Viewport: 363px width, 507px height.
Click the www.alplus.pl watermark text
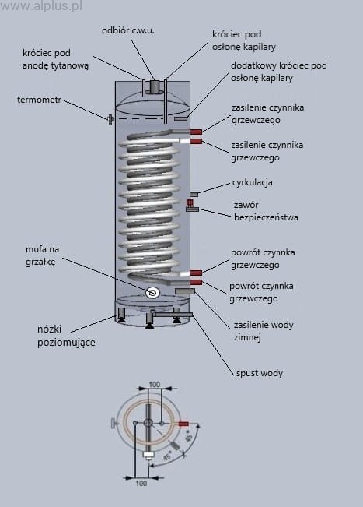click(41, 5)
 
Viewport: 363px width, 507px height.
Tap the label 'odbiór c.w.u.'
click(127, 30)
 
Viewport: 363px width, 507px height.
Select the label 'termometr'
click(39, 100)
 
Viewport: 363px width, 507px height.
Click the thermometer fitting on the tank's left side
click(110, 120)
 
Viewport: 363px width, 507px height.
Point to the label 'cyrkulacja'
click(253, 182)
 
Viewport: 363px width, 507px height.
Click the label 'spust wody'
click(260, 373)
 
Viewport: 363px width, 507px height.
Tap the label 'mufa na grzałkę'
click(42, 255)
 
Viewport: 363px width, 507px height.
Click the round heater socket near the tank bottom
click(152, 293)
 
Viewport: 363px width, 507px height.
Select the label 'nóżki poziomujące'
click(66, 336)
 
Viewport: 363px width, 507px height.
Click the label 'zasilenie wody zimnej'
click(264, 331)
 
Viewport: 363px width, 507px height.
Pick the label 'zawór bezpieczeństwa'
click(266, 211)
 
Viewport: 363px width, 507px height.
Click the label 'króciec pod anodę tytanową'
click(55, 59)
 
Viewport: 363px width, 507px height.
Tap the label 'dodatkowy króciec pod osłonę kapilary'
click(278, 72)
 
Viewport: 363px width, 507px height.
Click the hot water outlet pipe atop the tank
click(155, 86)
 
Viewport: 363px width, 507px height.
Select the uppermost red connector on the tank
click(196, 132)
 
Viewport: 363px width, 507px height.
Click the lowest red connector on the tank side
click(196, 283)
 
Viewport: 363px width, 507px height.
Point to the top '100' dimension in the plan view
click(155, 384)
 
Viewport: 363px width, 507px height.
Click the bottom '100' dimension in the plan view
click(141, 483)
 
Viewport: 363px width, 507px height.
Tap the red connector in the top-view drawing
click(183, 424)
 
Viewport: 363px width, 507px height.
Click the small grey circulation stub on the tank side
click(194, 195)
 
